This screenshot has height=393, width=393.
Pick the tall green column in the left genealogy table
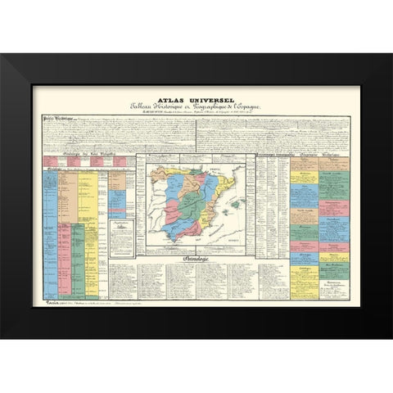(x=78, y=254)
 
